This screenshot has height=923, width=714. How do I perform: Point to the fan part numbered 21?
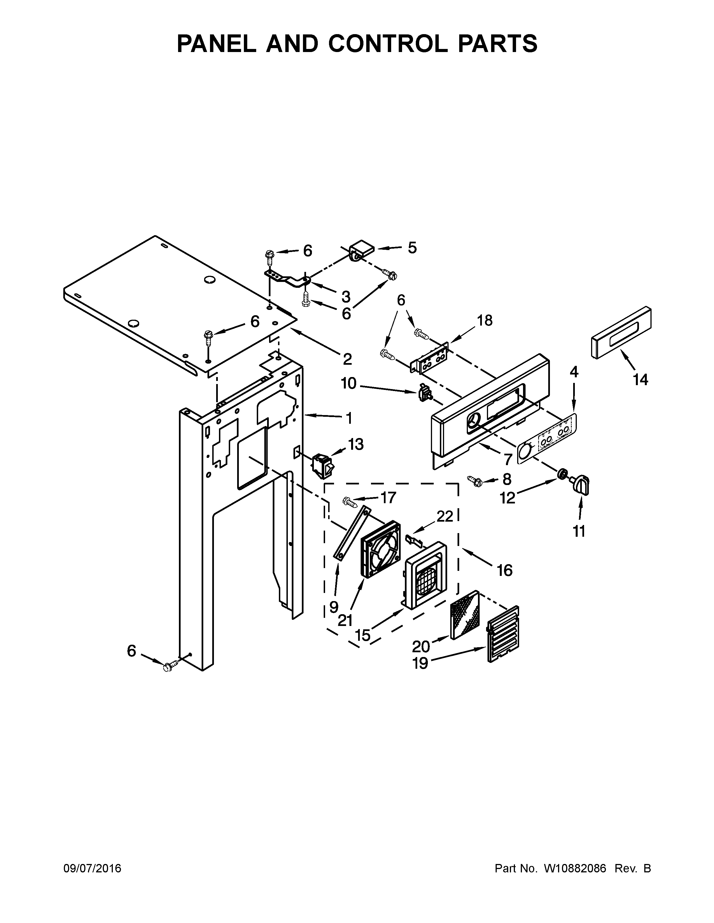[380, 548]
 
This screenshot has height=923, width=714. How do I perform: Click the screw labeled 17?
[350, 502]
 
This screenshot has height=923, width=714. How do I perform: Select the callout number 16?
[505, 570]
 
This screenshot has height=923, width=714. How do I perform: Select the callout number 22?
[445, 516]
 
